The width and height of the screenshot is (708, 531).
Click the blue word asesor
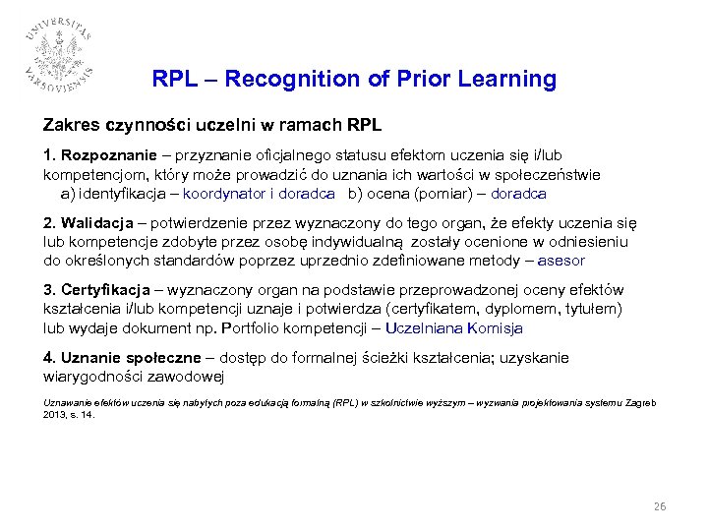tap(562, 261)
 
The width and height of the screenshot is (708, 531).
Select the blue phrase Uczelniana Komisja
tap(453, 327)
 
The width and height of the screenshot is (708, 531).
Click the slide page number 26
tap(660, 507)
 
